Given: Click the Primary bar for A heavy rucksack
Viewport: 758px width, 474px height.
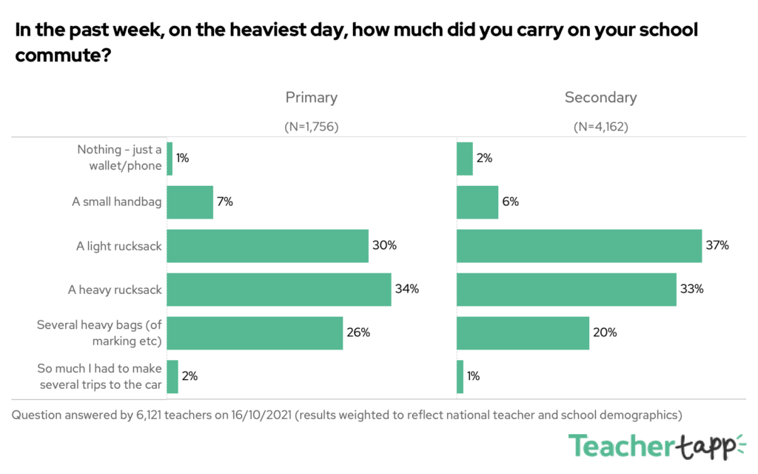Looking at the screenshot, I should (x=278, y=289).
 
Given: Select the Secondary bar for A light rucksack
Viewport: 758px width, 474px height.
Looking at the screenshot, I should (x=579, y=246).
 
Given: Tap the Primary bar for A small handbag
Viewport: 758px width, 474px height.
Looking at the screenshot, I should (x=189, y=202).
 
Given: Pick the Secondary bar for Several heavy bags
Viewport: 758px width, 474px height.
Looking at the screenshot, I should (x=523, y=333).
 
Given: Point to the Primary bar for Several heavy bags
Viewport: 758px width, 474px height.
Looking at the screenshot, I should (x=255, y=333).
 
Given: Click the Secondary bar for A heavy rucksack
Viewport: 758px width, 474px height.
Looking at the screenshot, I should (x=566, y=289).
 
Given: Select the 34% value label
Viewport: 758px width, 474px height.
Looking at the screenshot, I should (x=407, y=289).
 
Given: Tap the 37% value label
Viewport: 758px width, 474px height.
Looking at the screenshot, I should (x=717, y=246).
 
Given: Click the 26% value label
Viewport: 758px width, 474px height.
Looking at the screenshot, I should (x=358, y=333).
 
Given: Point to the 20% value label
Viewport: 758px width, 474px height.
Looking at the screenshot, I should (x=605, y=333).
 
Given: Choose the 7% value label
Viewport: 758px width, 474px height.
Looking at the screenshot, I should (x=224, y=202).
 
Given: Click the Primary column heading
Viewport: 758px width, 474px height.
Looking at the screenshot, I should (x=311, y=97).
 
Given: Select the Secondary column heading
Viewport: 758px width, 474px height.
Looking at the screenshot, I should (x=600, y=97).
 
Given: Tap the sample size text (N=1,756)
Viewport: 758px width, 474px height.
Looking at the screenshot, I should (x=311, y=127).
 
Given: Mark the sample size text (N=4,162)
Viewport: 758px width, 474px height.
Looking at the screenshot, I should (x=600, y=127).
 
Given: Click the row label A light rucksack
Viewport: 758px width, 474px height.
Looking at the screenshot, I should (x=118, y=246).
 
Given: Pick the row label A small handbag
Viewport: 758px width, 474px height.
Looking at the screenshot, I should (x=116, y=202).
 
